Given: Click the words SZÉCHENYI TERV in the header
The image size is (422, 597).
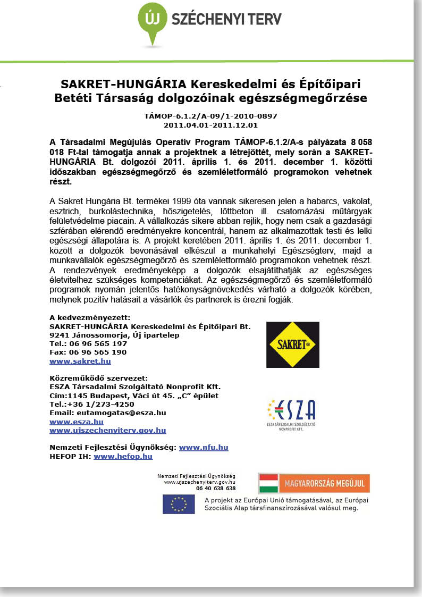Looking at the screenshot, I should tap(226, 20).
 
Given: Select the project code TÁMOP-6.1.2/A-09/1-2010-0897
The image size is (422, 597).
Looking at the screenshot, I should tap(210, 115).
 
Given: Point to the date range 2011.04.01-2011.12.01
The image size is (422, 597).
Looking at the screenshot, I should tap(210, 125).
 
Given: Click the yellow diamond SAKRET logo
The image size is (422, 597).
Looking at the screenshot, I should tap(292, 344).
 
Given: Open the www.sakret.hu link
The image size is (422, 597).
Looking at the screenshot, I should tap(80, 361).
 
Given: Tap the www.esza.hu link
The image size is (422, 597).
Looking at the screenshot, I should tap(76, 422).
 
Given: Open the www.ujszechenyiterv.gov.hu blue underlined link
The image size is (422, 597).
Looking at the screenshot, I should tap(107, 430).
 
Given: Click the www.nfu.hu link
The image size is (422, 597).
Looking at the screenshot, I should tap(204, 448).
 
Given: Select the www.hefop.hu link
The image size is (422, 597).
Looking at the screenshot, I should tap(123, 456).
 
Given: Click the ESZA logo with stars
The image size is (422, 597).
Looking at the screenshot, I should tap(291, 412).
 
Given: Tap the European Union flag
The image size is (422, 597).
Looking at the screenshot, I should tap(179, 504).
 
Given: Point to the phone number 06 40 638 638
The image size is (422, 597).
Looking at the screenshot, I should tap(215, 488).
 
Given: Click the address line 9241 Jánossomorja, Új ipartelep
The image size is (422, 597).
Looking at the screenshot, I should tap(114, 335).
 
